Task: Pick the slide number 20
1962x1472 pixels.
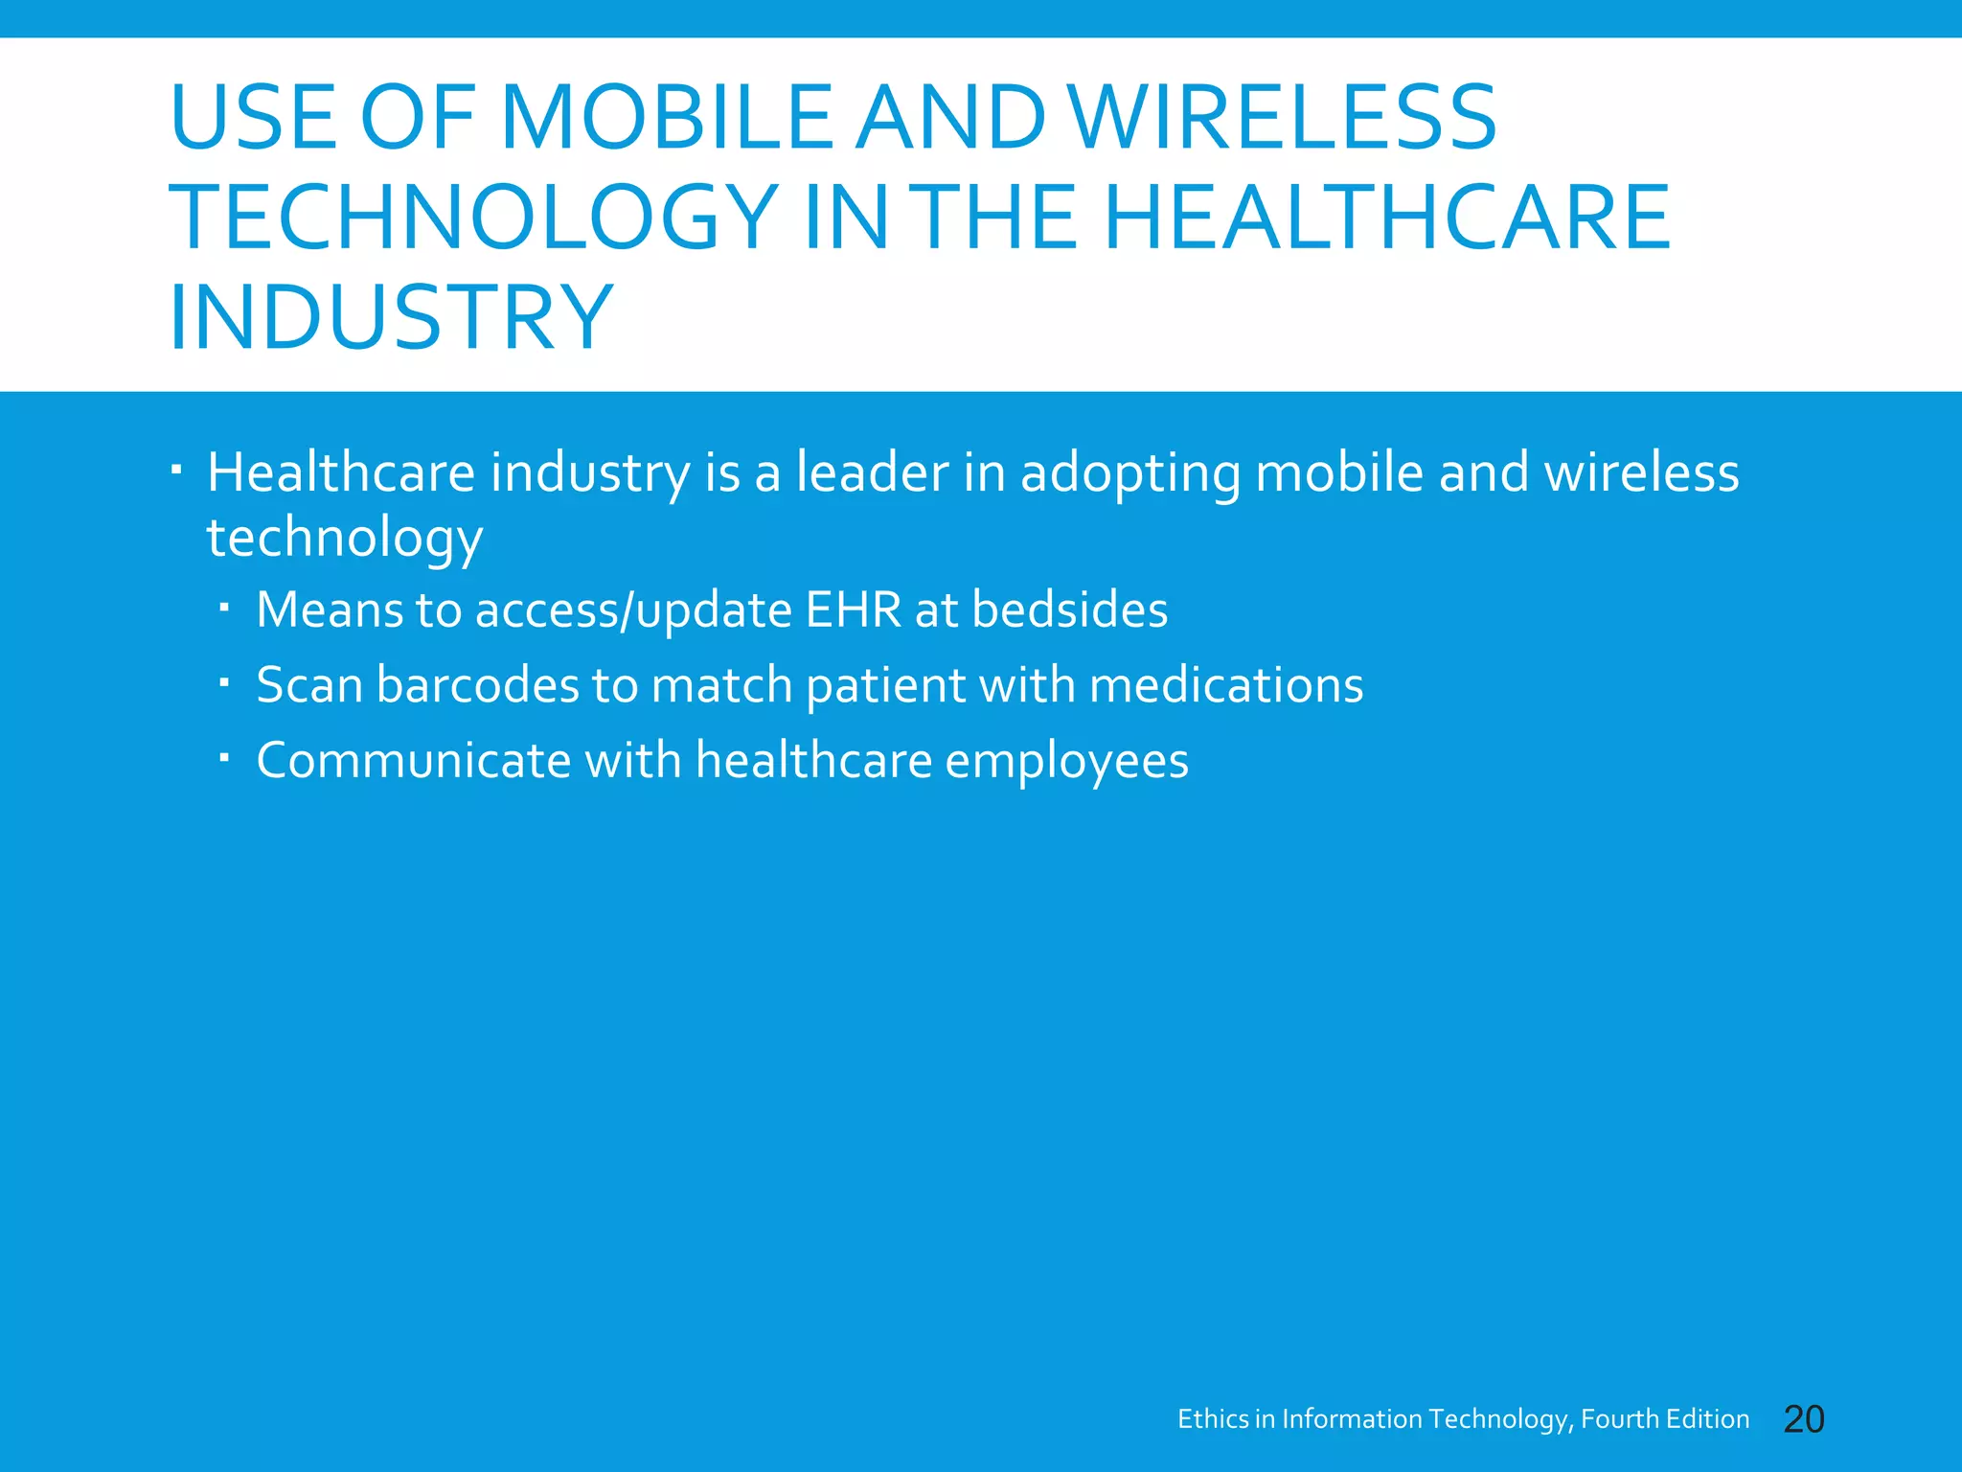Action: pyautogui.click(x=1804, y=1419)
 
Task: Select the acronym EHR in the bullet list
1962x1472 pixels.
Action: pyautogui.click(x=854, y=609)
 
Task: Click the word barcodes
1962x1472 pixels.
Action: pyautogui.click(x=478, y=685)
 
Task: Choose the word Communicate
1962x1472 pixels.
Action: pyautogui.click(x=413, y=761)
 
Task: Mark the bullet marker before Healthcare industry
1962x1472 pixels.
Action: pyautogui.click(x=176, y=470)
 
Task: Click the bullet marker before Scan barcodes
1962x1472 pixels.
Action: pyautogui.click(x=224, y=683)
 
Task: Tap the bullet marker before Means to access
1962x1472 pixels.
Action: pyautogui.click(x=224, y=608)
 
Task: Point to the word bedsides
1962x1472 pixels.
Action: pyautogui.click(x=1070, y=609)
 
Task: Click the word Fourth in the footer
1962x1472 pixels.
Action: pyautogui.click(x=1619, y=1419)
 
